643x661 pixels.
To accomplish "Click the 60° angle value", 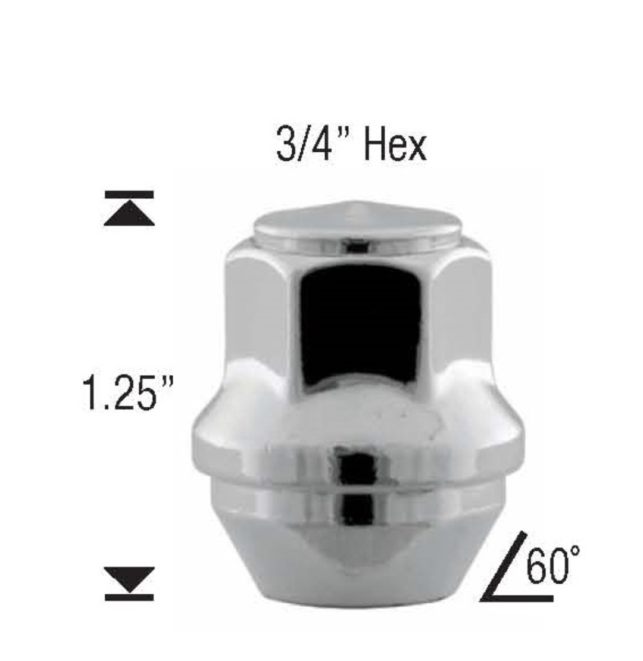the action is pos(553,565).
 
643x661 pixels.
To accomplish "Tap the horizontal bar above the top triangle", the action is pos(129,194).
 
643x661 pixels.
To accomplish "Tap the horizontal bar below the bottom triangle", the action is pos(129,597).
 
